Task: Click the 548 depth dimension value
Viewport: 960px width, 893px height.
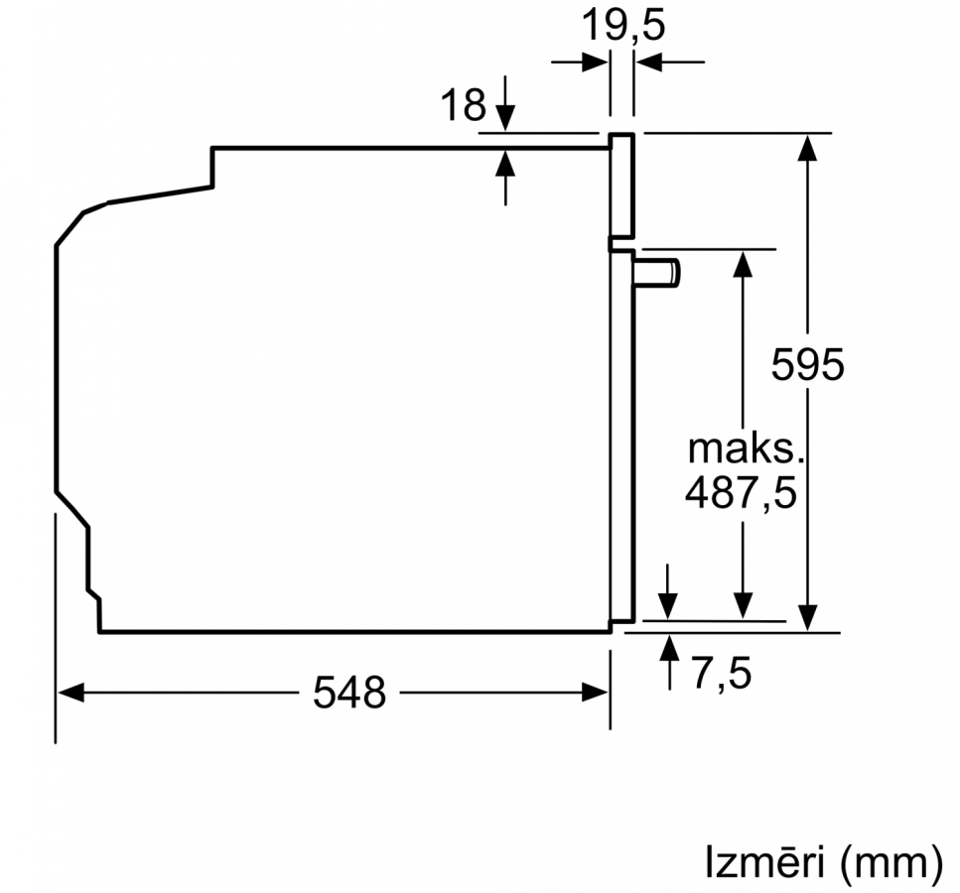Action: pos(349,693)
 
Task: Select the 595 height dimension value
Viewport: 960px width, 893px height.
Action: pos(807,365)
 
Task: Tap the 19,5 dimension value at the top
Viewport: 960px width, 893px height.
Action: pos(622,25)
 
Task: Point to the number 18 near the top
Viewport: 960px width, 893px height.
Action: pos(463,104)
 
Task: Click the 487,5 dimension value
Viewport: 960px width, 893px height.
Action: pos(741,492)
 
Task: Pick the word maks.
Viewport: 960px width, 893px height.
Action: pos(746,448)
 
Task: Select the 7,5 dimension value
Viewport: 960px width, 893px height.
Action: pos(722,673)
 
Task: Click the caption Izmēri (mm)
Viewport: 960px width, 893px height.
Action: pos(824,862)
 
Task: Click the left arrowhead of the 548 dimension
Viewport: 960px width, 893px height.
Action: pos(70,693)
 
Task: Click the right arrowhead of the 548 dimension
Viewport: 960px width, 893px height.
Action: pos(595,693)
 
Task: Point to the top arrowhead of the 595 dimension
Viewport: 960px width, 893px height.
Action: pos(807,148)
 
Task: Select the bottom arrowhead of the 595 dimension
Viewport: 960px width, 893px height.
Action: pos(807,617)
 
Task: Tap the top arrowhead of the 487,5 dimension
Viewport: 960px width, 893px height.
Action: pos(743,264)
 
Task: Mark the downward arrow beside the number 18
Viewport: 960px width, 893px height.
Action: pos(505,103)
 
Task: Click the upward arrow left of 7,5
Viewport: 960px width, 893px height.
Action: pos(670,663)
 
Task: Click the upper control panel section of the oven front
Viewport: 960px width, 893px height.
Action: pos(621,186)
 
